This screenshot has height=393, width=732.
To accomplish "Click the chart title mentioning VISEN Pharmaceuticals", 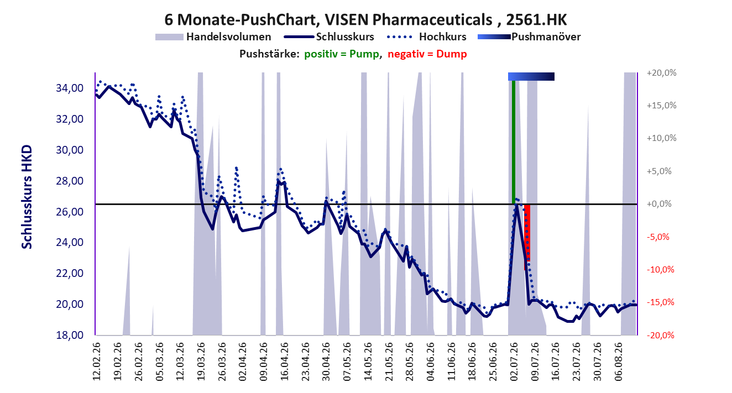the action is [365, 19].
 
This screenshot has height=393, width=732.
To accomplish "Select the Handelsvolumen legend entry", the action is [213, 37].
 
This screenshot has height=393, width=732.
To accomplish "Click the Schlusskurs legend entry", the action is [329, 37].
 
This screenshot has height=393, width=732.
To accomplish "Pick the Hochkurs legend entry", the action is [427, 37].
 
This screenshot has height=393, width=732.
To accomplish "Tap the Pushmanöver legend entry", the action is [529, 37].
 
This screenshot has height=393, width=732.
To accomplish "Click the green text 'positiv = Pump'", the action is [342, 54].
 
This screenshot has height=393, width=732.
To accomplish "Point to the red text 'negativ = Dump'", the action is [427, 54].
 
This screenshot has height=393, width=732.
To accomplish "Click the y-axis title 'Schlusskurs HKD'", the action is [27, 197].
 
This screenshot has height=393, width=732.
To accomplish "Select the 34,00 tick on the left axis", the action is [70, 88].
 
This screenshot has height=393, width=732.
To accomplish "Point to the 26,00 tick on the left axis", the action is [70, 212].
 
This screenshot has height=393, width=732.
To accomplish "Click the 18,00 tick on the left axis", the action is [70, 335].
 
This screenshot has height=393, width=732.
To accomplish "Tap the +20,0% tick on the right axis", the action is [661, 73].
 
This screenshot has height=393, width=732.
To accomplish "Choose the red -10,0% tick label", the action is [661, 270].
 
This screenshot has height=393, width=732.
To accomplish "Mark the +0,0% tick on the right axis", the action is [659, 204].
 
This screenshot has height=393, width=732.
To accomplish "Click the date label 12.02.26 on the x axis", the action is [96, 361].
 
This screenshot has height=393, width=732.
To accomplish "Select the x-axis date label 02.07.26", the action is [514, 361].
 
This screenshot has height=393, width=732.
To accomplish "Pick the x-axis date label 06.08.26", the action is [618, 361].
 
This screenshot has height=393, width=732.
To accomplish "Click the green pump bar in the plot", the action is [514, 142].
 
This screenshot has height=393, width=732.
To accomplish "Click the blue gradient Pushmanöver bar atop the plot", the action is [531, 76].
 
